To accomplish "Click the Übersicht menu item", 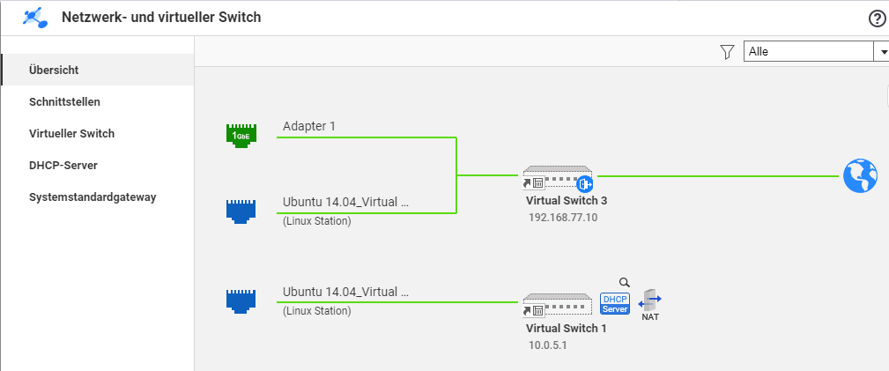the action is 54,70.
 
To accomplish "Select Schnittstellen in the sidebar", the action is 64,102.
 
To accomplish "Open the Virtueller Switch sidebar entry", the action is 71,134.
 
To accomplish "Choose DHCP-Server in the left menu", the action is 63,166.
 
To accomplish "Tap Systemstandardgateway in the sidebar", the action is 93,197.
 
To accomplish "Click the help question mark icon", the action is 877,19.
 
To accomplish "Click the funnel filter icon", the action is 727,52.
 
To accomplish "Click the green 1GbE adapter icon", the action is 241,135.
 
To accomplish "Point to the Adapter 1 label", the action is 309,126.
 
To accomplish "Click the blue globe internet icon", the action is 860,176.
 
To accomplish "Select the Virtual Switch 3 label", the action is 567,201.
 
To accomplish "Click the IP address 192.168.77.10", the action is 563,218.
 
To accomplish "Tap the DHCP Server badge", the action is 615,303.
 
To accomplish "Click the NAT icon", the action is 649,305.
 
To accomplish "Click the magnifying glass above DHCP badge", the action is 624,282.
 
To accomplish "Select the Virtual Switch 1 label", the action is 566,329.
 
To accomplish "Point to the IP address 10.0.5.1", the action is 547,345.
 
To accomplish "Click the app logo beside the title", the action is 35,18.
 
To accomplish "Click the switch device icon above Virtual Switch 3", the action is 558,178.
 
